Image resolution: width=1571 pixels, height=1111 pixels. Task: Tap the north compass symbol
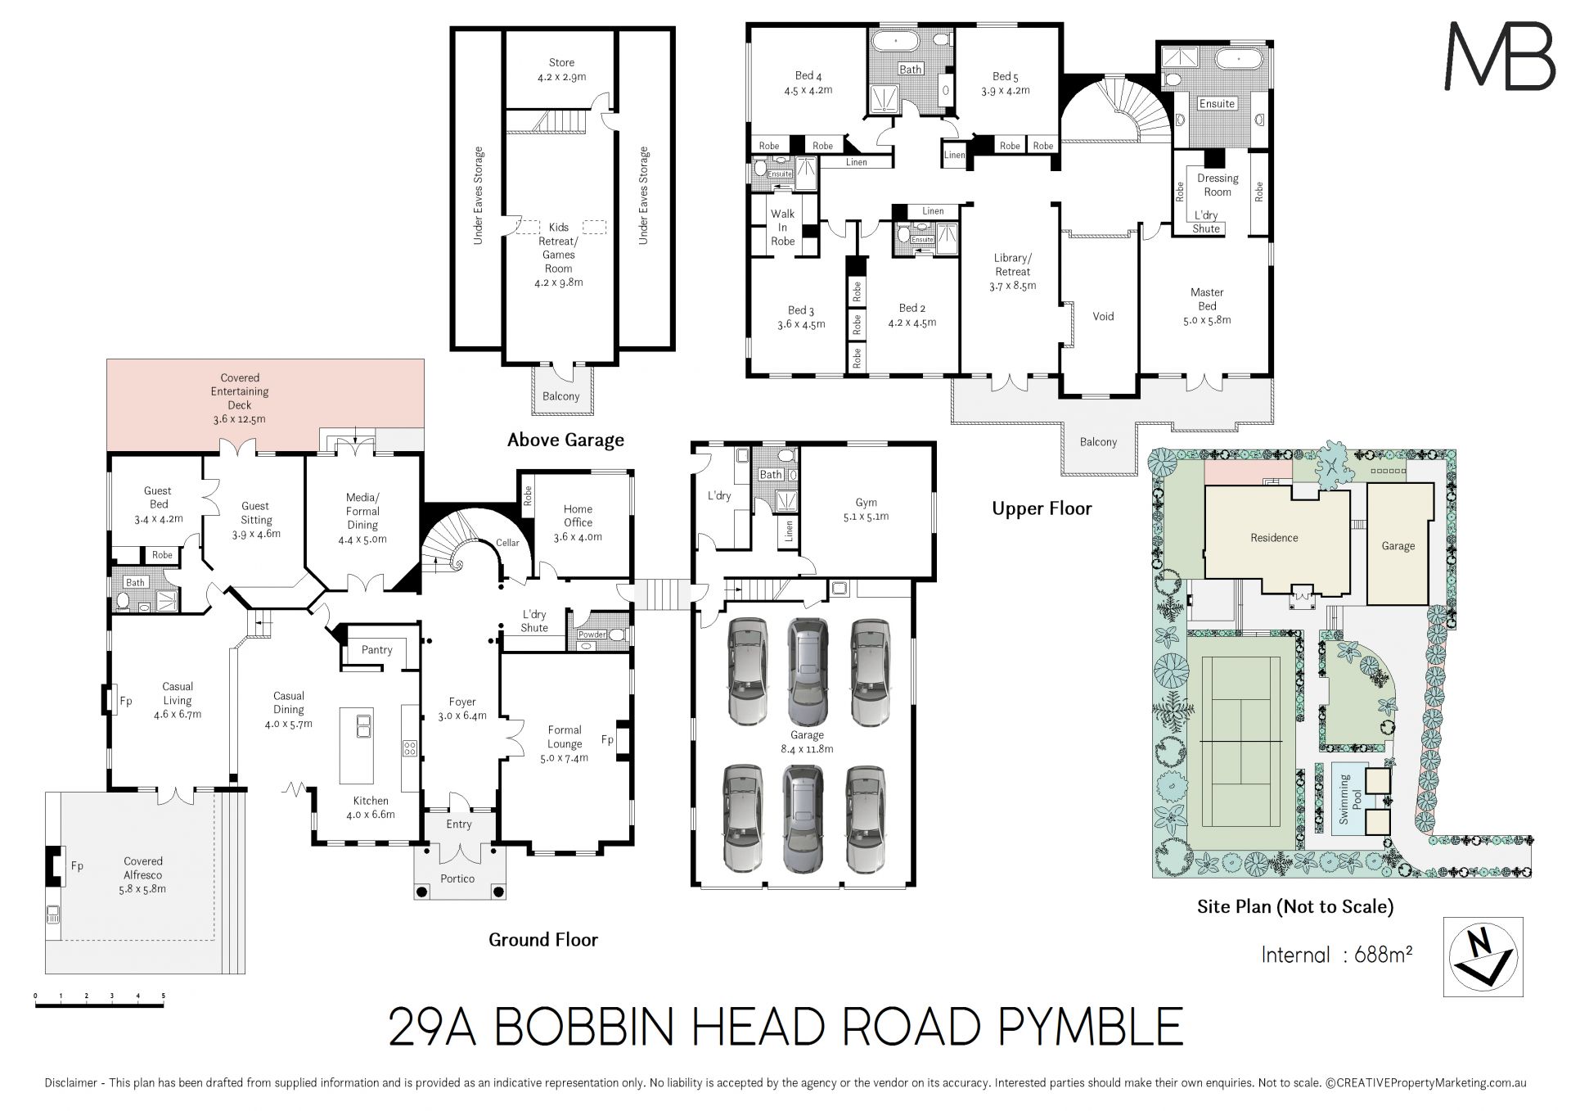pos(1483,956)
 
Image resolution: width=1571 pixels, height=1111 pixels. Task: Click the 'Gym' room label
pos(866,503)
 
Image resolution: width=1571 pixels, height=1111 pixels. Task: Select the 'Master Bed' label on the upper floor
pos(1207,299)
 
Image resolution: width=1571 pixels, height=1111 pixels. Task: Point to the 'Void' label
pos(1103,316)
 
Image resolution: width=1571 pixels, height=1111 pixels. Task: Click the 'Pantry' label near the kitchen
pos(376,650)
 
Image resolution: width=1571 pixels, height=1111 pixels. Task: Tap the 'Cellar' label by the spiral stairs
pos(507,543)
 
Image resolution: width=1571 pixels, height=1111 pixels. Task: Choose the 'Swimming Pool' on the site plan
pos(1344,799)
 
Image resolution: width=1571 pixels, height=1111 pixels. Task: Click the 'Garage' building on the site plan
pos(1399,544)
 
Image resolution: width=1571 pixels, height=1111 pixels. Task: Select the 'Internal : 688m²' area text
pos(1337,955)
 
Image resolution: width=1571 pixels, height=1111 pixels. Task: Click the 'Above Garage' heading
pos(565,440)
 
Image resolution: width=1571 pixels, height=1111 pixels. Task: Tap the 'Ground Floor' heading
pos(543,939)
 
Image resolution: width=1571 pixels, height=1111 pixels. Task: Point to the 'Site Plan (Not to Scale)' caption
pos(1295,906)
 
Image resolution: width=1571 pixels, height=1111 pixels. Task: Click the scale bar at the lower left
pos(100,1000)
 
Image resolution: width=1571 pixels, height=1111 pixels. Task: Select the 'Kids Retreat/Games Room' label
pos(559,255)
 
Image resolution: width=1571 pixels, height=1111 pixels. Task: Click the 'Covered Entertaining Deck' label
pos(240,398)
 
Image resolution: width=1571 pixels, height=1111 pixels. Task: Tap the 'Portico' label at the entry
pos(457,878)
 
